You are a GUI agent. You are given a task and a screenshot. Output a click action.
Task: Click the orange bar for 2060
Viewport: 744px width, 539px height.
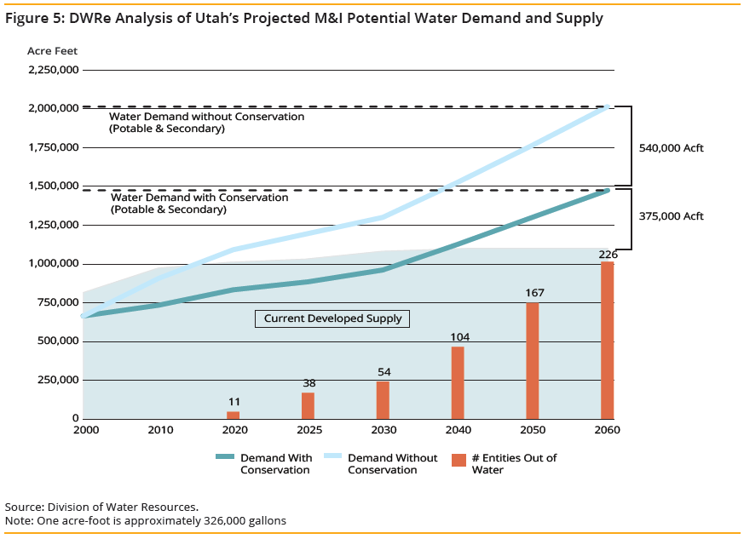tap(607, 340)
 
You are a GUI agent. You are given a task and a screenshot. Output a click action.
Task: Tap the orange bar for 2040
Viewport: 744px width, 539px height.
tap(458, 382)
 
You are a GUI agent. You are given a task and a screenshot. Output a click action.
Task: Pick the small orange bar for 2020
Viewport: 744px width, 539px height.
tap(233, 415)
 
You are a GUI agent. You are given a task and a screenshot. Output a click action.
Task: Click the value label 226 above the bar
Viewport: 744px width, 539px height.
tap(608, 254)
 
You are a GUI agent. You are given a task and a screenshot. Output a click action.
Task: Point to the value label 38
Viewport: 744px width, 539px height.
tap(308, 383)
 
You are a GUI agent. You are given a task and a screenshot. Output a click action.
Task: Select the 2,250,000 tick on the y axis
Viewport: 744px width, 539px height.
tap(54, 70)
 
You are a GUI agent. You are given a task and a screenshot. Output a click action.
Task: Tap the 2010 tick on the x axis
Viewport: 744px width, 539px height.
tap(159, 430)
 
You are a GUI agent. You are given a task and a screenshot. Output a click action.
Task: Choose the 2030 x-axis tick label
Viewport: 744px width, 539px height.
tap(383, 430)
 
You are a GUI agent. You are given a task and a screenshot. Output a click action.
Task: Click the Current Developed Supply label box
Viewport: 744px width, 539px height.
tap(332, 318)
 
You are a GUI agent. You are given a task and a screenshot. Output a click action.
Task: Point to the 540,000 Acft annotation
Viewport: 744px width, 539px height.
tap(671, 148)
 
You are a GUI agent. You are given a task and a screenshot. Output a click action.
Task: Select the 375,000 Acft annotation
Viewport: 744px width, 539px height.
tap(671, 216)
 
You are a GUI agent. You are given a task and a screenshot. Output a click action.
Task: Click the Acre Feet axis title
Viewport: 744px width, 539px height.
tap(52, 51)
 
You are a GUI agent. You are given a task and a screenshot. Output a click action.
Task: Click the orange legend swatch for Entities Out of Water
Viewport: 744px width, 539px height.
tap(459, 461)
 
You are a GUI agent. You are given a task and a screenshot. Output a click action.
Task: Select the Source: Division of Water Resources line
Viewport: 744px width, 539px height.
tap(101, 506)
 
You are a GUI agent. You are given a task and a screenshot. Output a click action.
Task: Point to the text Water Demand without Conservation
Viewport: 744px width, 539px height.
tap(206, 117)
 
